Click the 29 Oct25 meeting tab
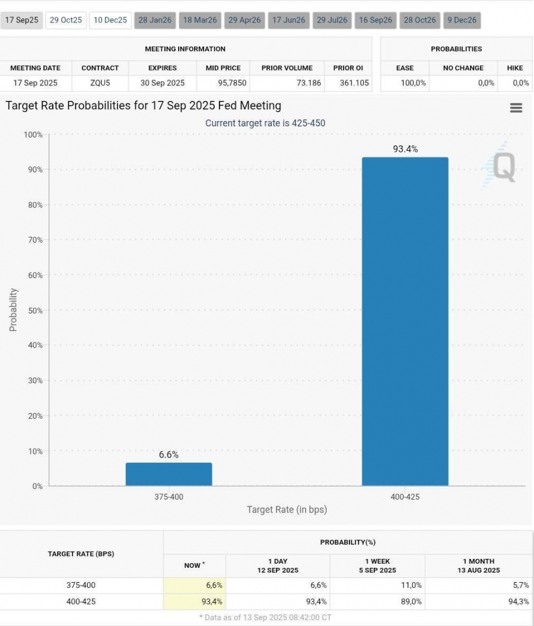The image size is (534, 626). point(66,20)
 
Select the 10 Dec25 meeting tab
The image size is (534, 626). point(110,20)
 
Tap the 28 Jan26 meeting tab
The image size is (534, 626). point(155,20)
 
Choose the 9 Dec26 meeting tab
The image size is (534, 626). point(462,20)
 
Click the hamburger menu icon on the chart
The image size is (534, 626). point(516,107)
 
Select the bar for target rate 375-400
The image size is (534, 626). point(169,474)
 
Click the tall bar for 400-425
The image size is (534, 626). point(405,321)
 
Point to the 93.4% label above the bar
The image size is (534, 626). point(405,149)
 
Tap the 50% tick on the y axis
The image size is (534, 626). point(35,310)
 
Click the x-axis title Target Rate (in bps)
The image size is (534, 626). point(287,510)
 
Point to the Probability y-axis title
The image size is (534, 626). point(13,310)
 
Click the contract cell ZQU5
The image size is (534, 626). point(100,83)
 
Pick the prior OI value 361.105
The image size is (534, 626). point(354,83)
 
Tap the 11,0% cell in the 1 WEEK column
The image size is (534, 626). point(411,586)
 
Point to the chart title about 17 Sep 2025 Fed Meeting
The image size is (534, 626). point(144,106)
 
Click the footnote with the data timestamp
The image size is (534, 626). point(265,618)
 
